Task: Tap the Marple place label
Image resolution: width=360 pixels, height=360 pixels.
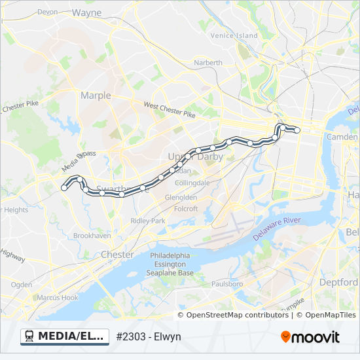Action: point(96,96)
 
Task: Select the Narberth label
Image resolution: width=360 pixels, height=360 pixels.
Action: point(208,63)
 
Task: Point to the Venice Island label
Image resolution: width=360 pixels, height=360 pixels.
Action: point(234,35)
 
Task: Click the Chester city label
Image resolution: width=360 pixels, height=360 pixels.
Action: point(117,255)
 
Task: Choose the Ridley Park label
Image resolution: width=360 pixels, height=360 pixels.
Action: point(148,221)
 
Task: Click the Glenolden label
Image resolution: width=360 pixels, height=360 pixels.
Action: point(181,197)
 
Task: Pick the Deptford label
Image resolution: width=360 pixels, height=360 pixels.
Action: point(338,282)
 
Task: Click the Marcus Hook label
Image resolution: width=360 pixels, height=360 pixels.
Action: point(57,298)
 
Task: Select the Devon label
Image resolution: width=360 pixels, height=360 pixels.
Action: point(48,12)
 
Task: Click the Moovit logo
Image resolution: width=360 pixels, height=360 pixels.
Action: point(310,337)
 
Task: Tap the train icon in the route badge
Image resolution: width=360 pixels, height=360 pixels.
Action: point(29,336)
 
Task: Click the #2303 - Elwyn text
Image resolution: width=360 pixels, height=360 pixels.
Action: point(149,337)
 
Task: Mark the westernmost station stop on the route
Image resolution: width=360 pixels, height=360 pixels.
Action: point(64,188)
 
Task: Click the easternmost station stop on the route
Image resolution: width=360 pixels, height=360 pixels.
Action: point(297,130)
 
